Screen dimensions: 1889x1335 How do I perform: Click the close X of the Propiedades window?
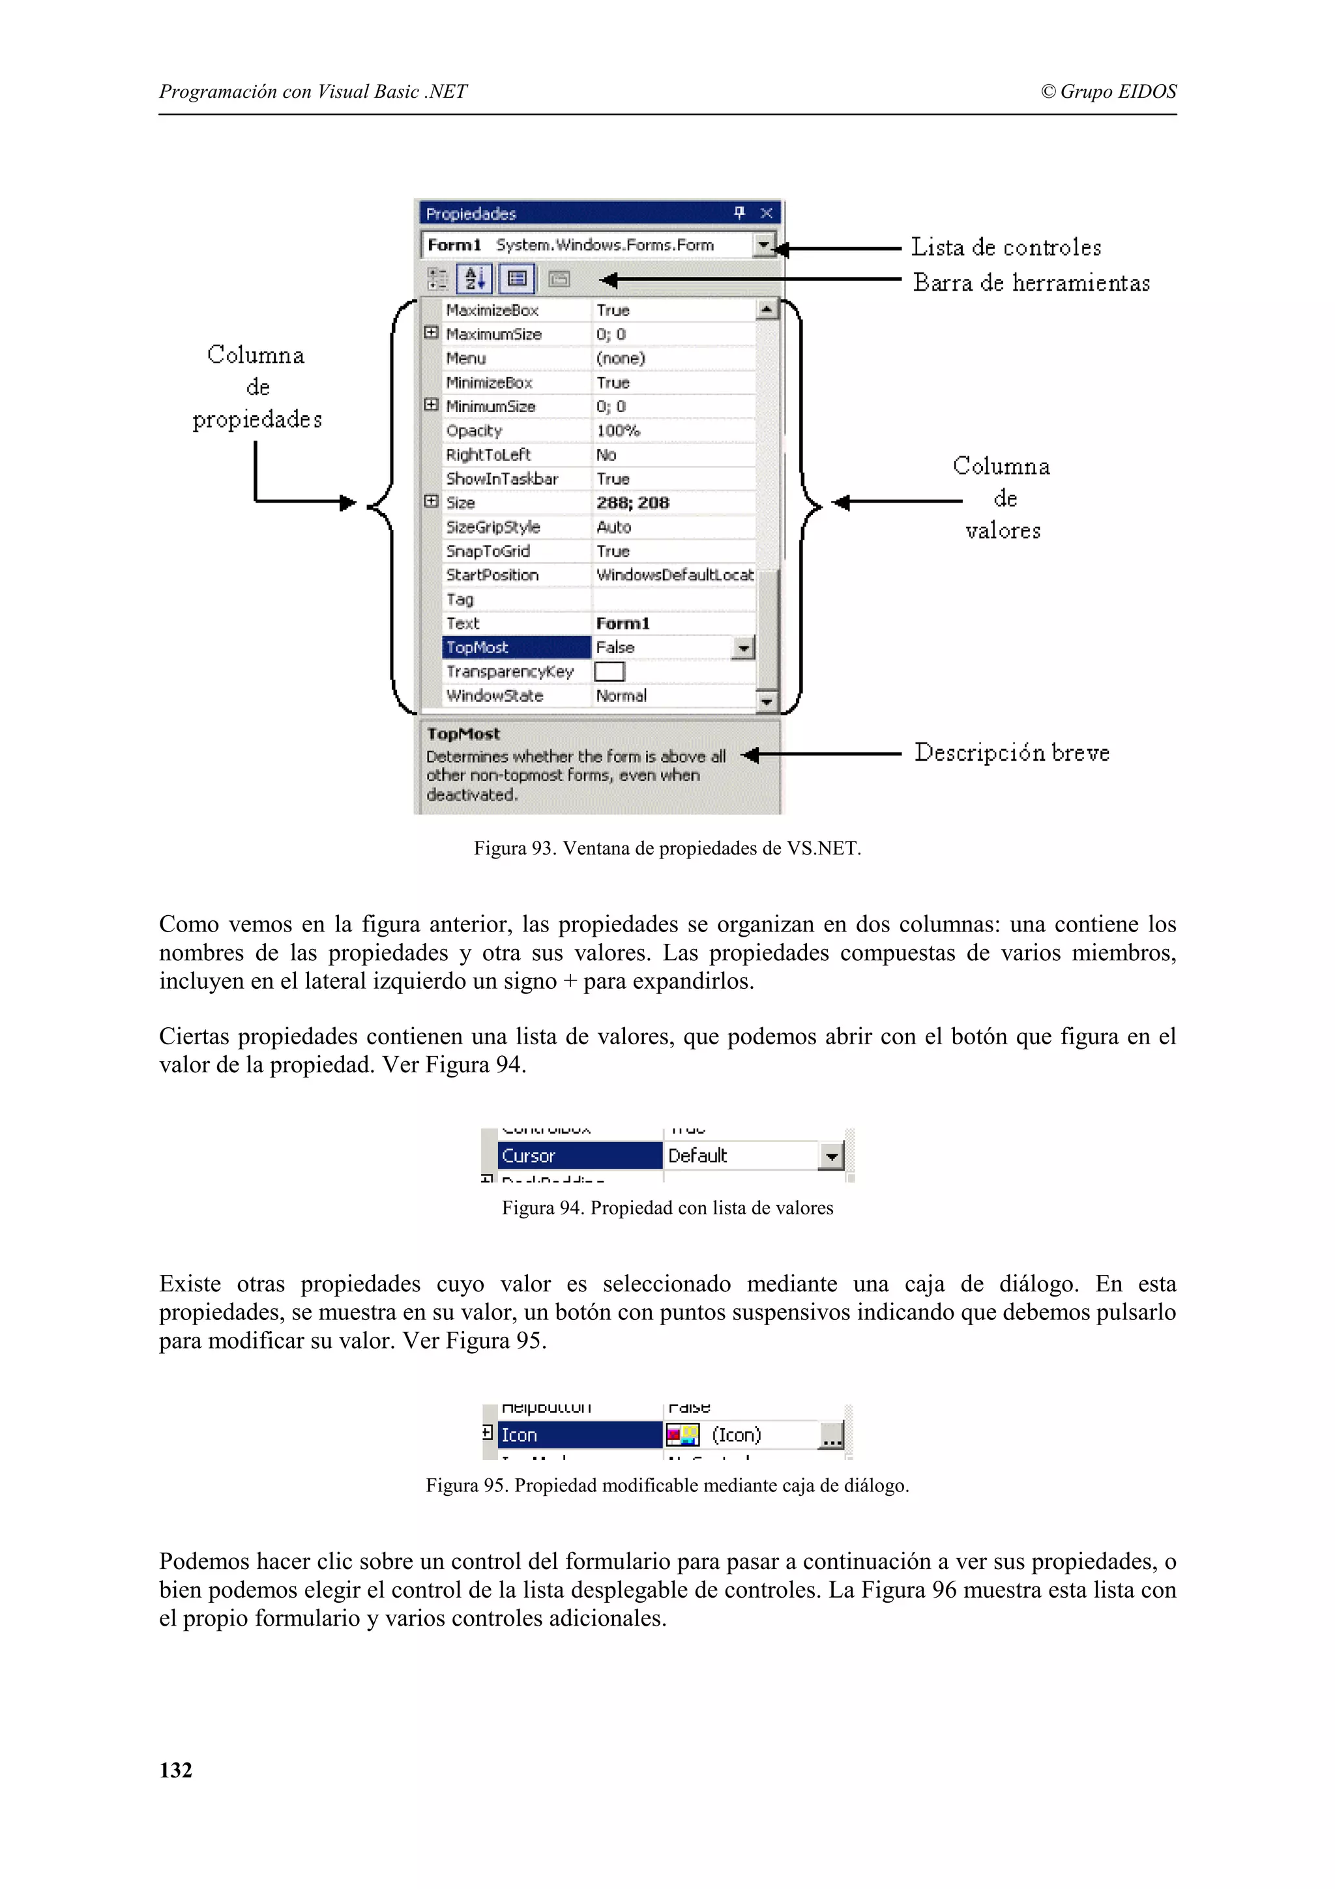[x=766, y=213]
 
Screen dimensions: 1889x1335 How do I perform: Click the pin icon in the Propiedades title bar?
[x=739, y=213]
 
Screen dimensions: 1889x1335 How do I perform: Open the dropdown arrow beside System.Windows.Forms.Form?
[x=764, y=245]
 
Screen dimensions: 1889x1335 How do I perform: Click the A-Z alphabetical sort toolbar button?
[x=475, y=279]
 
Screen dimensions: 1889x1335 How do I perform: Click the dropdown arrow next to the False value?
[x=742, y=649]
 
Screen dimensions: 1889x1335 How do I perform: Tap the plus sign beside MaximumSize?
[x=431, y=333]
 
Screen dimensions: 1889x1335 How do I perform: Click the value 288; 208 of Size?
[x=632, y=503]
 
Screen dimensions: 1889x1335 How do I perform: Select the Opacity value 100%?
[x=618, y=430]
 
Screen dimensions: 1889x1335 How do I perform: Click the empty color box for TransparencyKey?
[x=609, y=671]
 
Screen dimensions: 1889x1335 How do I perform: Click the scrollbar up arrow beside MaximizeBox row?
[x=766, y=310]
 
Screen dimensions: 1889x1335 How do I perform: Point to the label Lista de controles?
[x=1005, y=247]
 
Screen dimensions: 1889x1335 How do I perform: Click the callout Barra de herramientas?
[x=1031, y=283]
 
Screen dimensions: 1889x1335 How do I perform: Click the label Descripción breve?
[x=1012, y=753]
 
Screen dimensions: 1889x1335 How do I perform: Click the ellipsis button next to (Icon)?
[x=832, y=1436]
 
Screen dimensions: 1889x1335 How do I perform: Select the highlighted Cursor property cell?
[x=579, y=1156]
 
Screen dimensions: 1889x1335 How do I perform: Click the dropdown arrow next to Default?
[x=830, y=1157]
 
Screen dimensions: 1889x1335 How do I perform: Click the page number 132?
[x=175, y=1770]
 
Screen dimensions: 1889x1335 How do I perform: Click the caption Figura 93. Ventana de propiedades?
[x=667, y=848]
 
